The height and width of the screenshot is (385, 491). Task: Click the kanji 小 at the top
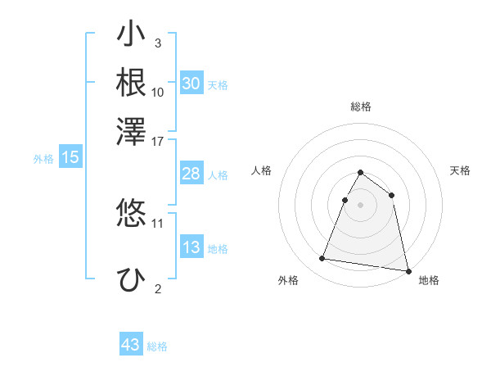pos(131,35)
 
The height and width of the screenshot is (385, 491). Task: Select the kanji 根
pos(131,83)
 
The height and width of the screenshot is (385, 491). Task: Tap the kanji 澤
pos(131,131)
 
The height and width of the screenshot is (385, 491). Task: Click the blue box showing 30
pos(191,84)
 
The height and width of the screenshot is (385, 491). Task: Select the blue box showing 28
pos(191,174)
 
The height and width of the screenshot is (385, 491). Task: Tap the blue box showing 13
pos(191,247)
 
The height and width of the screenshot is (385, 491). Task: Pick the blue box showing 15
pos(70,157)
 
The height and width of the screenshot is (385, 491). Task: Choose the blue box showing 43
pos(131,345)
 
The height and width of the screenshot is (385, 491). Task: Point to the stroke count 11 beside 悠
pos(158,222)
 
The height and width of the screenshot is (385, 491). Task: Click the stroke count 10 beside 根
pos(158,92)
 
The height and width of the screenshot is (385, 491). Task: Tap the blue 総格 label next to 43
pos(157,346)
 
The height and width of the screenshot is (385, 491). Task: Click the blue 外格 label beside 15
pos(43,159)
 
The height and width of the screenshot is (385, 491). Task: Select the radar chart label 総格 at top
pos(360,106)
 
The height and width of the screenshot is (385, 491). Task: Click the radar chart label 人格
pos(261,170)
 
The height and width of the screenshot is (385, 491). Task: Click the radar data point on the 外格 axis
pos(322,259)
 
